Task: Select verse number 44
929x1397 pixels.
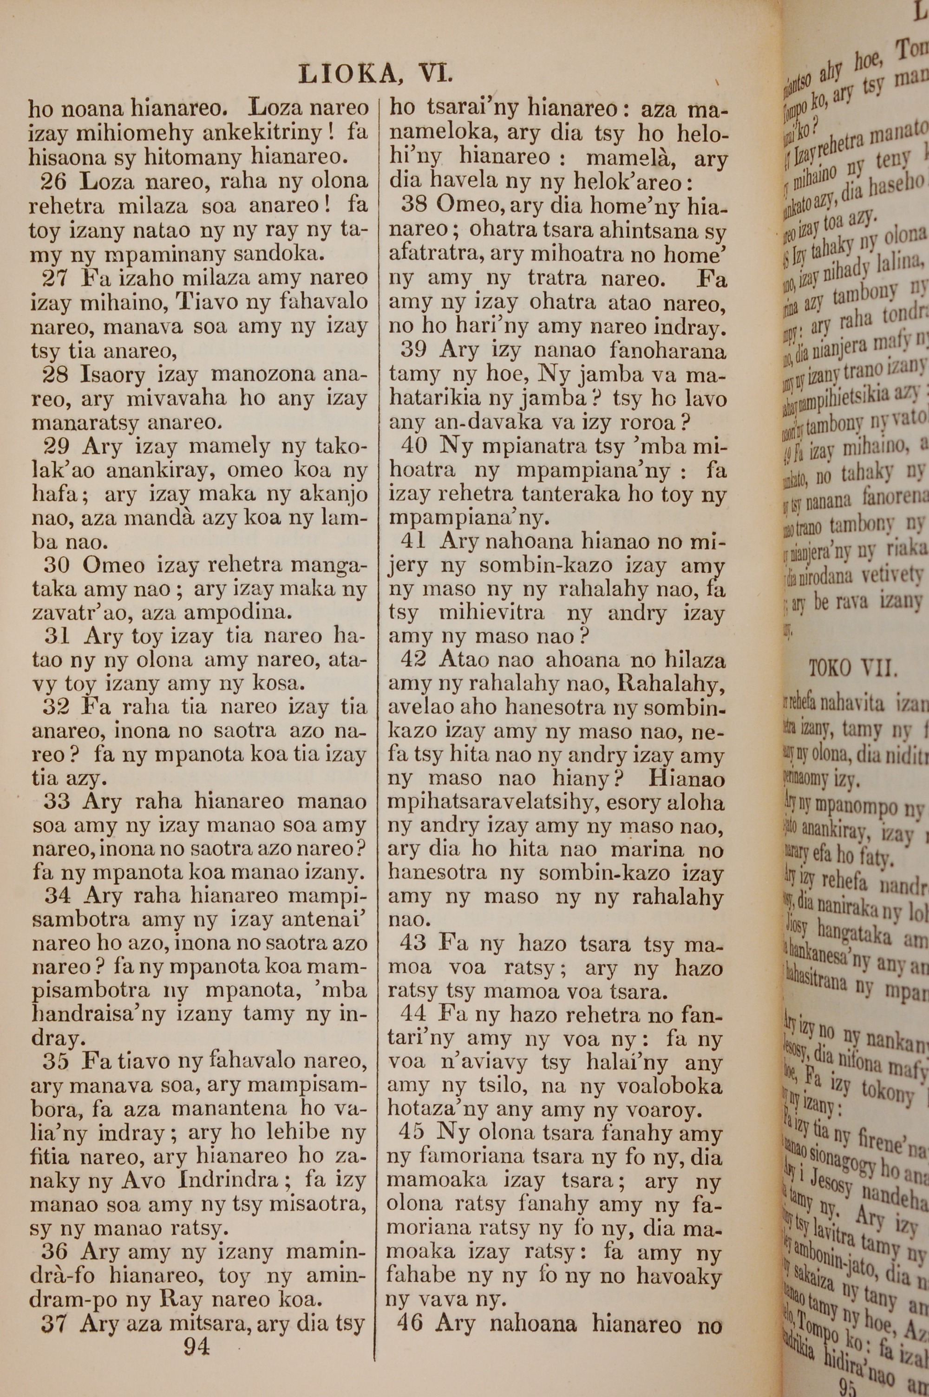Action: [412, 1014]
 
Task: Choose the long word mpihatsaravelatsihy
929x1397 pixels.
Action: [494, 803]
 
